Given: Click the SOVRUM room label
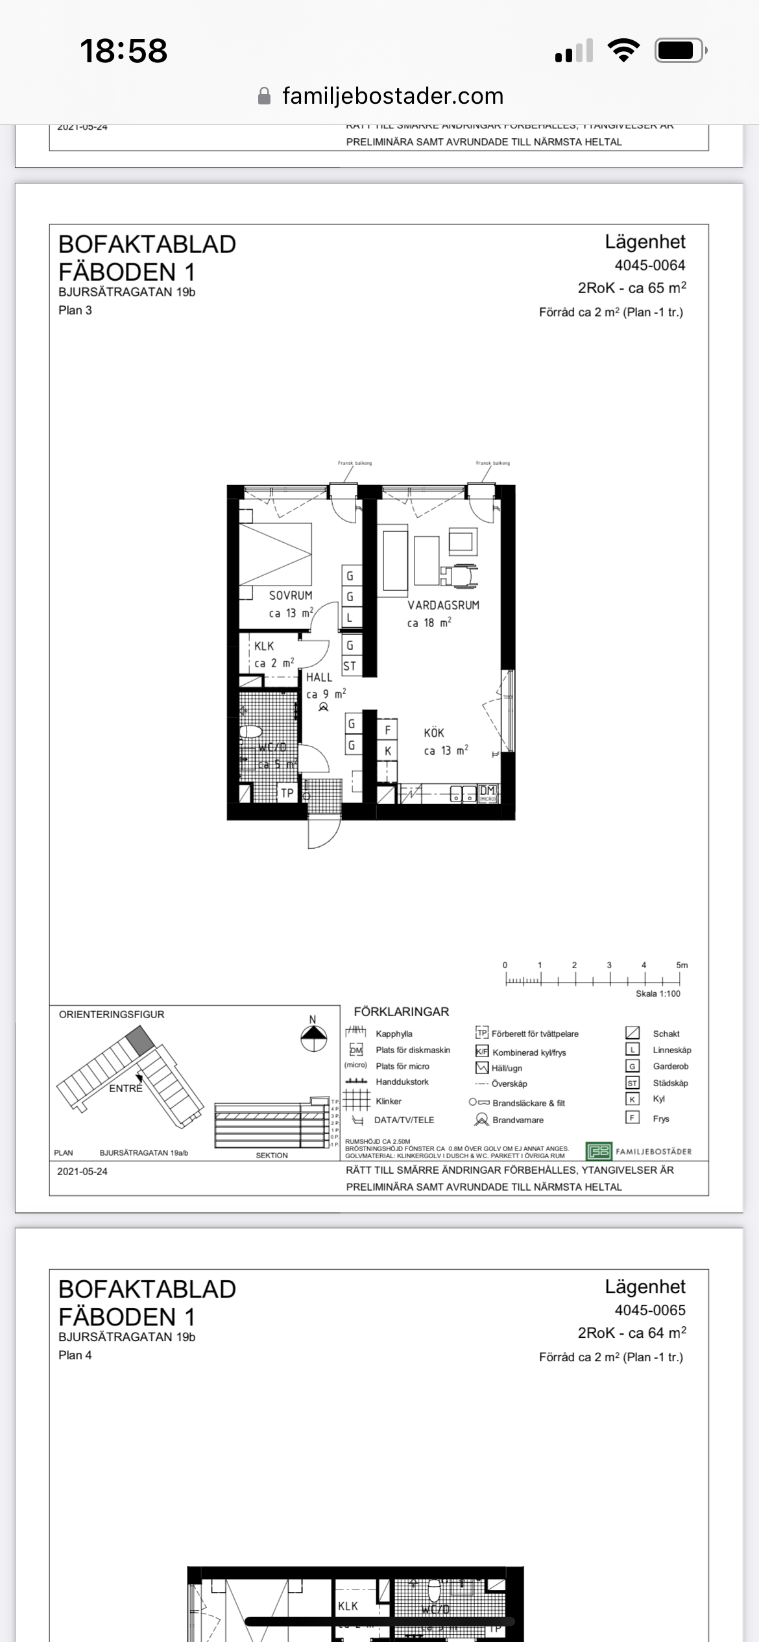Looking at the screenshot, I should pyautogui.click(x=291, y=595).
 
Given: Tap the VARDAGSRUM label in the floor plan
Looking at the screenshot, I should pyautogui.click(x=443, y=605).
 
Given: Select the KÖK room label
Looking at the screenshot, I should pyautogui.click(x=434, y=733).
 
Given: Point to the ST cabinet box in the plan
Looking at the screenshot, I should pyautogui.click(x=350, y=666).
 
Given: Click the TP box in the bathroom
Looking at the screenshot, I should pyautogui.click(x=287, y=792).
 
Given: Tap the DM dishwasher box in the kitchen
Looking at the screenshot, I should pyautogui.click(x=488, y=792).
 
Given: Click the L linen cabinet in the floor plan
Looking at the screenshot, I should pyautogui.click(x=350, y=618).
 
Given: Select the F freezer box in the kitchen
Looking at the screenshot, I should pyautogui.click(x=388, y=730).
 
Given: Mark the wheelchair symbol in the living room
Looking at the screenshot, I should pyautogui.click(x=461, y=575).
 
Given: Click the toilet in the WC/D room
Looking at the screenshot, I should pyautogui.click(x=250, y=733).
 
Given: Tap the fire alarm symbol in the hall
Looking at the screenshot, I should pyautogui.click(x=324, y=708).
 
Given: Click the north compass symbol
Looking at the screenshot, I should pyautogui.click(x=313, y=1038).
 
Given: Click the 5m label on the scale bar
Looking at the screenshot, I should pyautogui.click(x=682, y=965).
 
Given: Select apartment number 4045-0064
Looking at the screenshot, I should pyautogui.click(x=649, y=265).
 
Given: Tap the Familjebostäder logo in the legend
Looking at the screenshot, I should pyautogui.click(x=599, y=1151).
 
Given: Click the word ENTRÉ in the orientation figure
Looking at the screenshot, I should pyautogui.click(x=126, y=1089).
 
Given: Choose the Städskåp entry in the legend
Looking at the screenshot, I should pyautogui.click(x=670, y=1083).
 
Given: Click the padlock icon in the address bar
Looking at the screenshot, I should pyautogui.click(x=264, y=97).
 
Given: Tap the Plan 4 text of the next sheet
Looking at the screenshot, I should pyautogui.click(x=75, y=1355).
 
